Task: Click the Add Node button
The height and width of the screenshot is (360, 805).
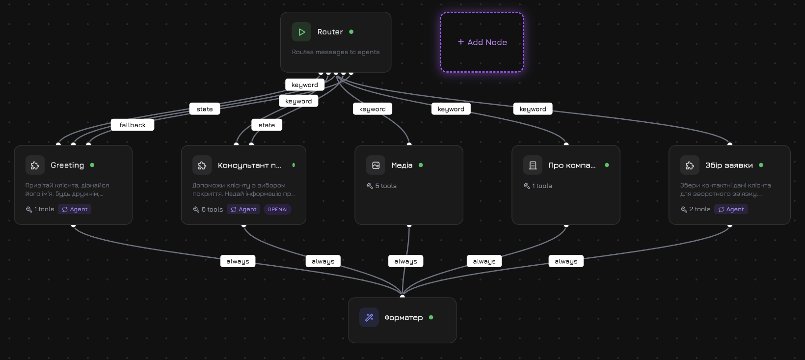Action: click(482, 42)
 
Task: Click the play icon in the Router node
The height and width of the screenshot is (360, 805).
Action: click(301, 32)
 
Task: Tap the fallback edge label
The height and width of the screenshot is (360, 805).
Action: click(133, 125)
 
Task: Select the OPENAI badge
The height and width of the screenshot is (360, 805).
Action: click(277, 209)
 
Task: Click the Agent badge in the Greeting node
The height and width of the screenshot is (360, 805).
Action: click(75, 209)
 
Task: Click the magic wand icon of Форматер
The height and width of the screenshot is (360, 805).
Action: click(369, 318)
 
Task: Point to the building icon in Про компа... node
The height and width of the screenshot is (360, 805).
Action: click(533, 166)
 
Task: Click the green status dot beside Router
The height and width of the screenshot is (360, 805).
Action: click(351, 32)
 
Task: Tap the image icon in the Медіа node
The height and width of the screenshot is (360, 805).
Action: click(376, 166)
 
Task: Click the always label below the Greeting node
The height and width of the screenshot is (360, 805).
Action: click(238, 261)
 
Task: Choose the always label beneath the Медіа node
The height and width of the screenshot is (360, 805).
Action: click(405, 261)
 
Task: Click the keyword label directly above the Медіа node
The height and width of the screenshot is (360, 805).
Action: click(372, 109)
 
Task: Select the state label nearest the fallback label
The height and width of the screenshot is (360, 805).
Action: click(205, 109)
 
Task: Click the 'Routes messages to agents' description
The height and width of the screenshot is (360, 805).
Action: click(336, 52)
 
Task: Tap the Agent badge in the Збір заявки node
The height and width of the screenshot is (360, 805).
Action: click(731, 209)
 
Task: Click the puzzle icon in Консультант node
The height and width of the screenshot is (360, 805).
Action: click(202, 166)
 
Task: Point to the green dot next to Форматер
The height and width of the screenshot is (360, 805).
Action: click(431, 317)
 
